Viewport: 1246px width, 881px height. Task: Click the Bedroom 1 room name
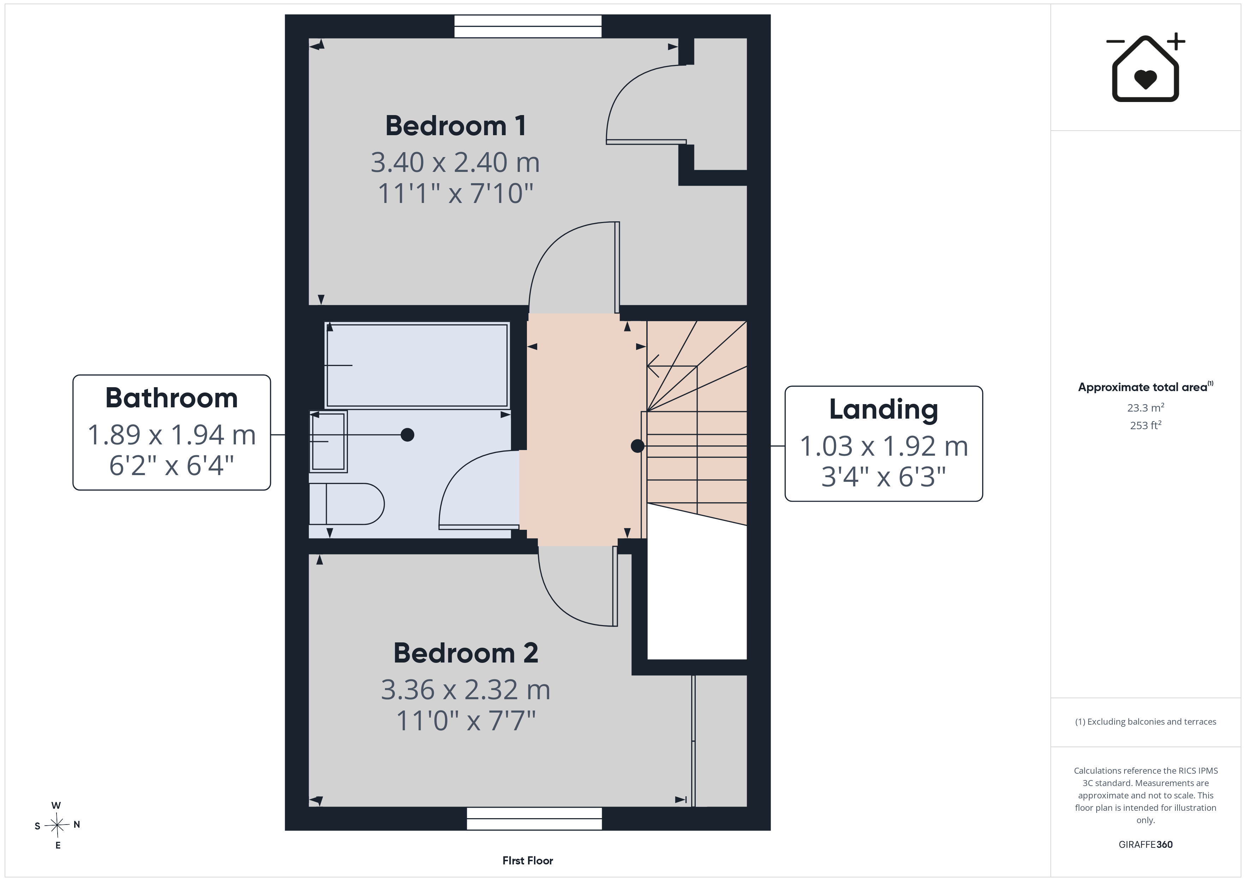coord(455,126)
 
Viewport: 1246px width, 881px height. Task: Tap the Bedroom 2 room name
coord(465,653)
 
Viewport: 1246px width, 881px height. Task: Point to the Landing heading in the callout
coord(884,410)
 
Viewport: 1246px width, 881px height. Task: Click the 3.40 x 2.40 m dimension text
coord(455,162)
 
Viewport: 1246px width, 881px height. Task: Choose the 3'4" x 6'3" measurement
coord(884,477)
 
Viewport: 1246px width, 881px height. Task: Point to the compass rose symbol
coord(57,825)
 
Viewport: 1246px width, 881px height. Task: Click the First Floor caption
coord(528,861)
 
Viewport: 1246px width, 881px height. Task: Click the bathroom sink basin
coord(328,442)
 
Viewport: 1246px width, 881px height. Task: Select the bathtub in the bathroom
coord(417,365)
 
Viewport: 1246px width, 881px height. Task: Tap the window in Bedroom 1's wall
coord(528,26)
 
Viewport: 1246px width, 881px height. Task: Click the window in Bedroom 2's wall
coord(535,819)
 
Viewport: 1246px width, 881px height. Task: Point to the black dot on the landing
coord(637,446)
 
